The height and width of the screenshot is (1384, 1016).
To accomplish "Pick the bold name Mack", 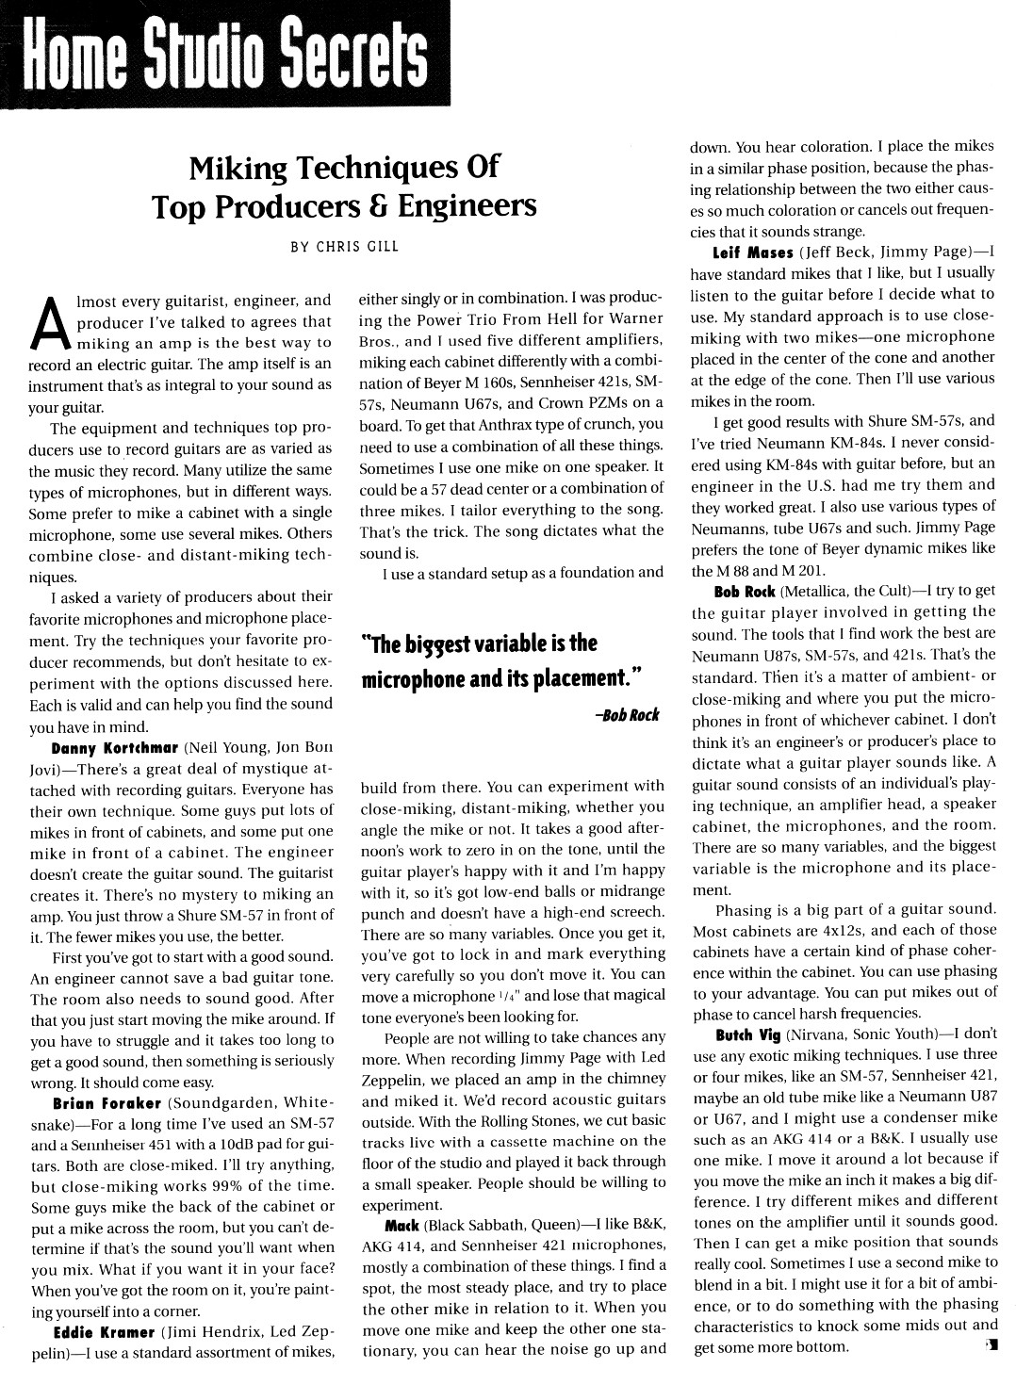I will point(401,1226).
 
